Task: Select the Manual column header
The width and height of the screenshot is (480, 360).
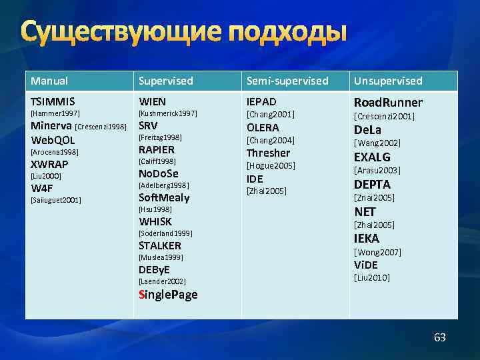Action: coord(49,81)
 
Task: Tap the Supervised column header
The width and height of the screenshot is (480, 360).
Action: coord(165,81)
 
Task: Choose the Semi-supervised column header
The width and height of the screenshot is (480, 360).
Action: coord(287,81)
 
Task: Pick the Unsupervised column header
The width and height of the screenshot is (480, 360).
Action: coord(388,81)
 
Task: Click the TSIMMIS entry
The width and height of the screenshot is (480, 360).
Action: coord(53,102)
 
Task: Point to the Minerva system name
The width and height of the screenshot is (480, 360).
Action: coord(52,126)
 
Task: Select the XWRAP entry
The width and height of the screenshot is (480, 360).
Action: coord(49,164)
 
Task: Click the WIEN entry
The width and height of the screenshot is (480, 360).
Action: coord(152,102)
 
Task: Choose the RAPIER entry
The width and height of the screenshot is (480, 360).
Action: coord(156,149)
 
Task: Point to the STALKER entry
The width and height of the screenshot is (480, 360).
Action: coord(159,245)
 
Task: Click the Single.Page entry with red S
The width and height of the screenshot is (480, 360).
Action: coord(168,294)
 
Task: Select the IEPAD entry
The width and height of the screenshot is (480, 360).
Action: coord(261,102)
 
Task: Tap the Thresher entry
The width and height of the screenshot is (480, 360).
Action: coord(269,153)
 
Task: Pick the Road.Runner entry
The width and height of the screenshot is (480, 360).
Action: coord(388,102)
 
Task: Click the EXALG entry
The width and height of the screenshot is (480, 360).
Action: coord(372,157)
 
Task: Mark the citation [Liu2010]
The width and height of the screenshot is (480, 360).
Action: coord(372,277)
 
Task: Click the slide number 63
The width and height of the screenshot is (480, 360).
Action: coord(440,337)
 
